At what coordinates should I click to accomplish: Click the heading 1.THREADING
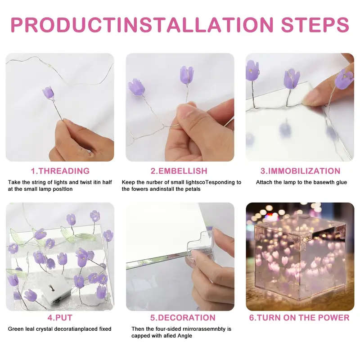pos(60,171)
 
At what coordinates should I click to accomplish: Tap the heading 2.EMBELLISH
pos(179,171)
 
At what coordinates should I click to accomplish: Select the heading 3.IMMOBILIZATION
pos(300,171)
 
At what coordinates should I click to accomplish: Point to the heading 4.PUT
pos(60,318)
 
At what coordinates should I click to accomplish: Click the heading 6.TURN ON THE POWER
pos(299,318)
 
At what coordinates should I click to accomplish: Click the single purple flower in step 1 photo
pos(48,93)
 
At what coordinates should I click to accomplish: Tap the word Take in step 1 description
pos(14,182)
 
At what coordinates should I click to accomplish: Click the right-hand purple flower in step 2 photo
pos(186,75)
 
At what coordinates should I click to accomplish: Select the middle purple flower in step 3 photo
pos(291,78)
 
